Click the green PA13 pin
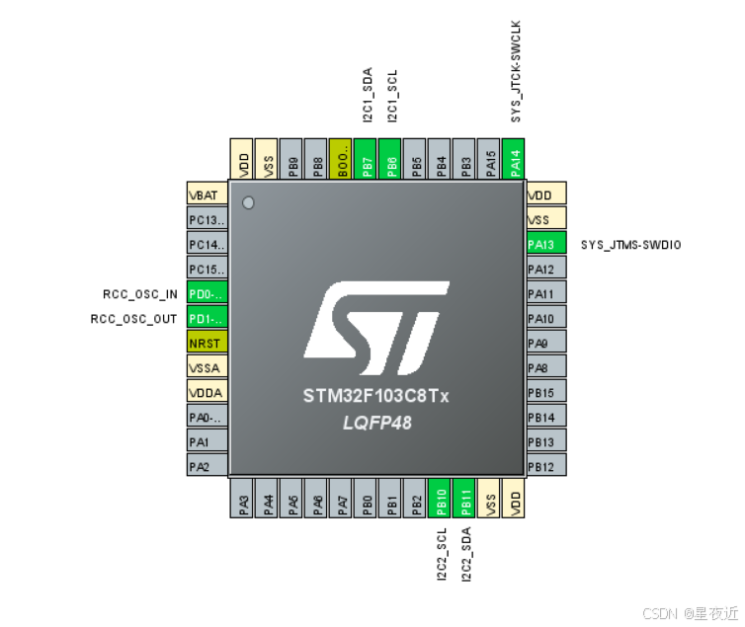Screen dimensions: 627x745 point(546,244)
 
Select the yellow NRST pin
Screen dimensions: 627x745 point(207,343)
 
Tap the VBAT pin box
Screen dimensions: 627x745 point(207,195)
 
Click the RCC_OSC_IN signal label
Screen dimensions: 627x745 point(141,293)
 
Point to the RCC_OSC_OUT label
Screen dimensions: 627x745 point(134,318)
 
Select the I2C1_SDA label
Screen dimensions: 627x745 point(368,96)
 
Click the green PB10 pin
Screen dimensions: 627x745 point(442,499)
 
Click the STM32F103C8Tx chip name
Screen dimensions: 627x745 point(375,396)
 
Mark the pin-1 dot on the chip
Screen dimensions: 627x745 point(248,203)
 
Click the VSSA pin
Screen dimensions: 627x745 point(207,367)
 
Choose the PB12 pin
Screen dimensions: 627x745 point(546,466)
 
